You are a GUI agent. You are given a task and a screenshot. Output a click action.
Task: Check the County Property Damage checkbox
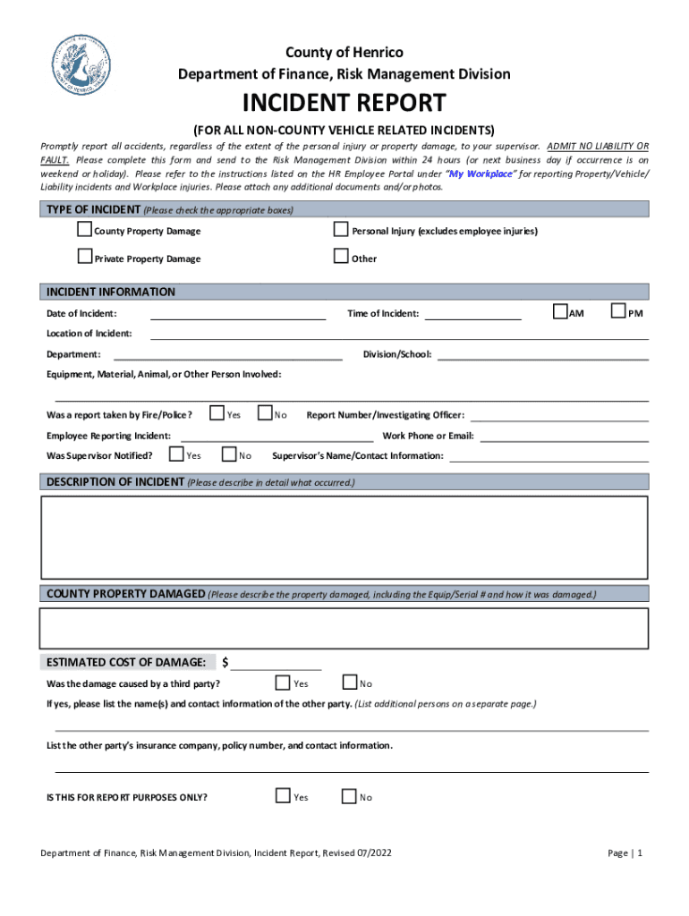[85, 230]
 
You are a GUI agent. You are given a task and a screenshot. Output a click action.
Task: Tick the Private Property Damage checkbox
[85, 258]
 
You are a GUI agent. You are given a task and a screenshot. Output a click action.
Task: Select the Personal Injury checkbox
[340, 230]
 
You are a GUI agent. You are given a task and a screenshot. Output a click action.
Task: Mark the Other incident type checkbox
[340, 258]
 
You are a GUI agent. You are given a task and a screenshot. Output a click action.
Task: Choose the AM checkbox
[560, 311]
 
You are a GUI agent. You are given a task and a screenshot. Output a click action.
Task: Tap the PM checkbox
[618, 311]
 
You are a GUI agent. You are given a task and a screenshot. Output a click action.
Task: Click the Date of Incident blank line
[238, 315]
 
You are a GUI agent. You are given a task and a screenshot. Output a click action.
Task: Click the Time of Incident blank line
[472, 315]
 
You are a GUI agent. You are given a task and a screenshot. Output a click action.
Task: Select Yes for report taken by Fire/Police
[217, 413]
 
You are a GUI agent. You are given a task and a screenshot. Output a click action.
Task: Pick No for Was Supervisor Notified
[228, 454]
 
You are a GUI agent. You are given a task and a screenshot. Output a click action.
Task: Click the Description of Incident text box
[344, 537]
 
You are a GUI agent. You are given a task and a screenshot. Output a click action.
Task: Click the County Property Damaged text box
[344, 627]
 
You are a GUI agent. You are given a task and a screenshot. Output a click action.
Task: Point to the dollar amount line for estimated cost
[276, 665]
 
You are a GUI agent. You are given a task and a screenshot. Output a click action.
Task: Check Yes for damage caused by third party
[283, 683]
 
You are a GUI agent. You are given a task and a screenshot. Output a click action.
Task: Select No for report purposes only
[349, 796]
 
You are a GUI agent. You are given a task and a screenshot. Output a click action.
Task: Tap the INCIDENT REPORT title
[344, 103]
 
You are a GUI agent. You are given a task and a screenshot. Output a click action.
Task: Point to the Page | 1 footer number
[625, 853]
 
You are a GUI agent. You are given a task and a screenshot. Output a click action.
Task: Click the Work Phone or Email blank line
[565, 437]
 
